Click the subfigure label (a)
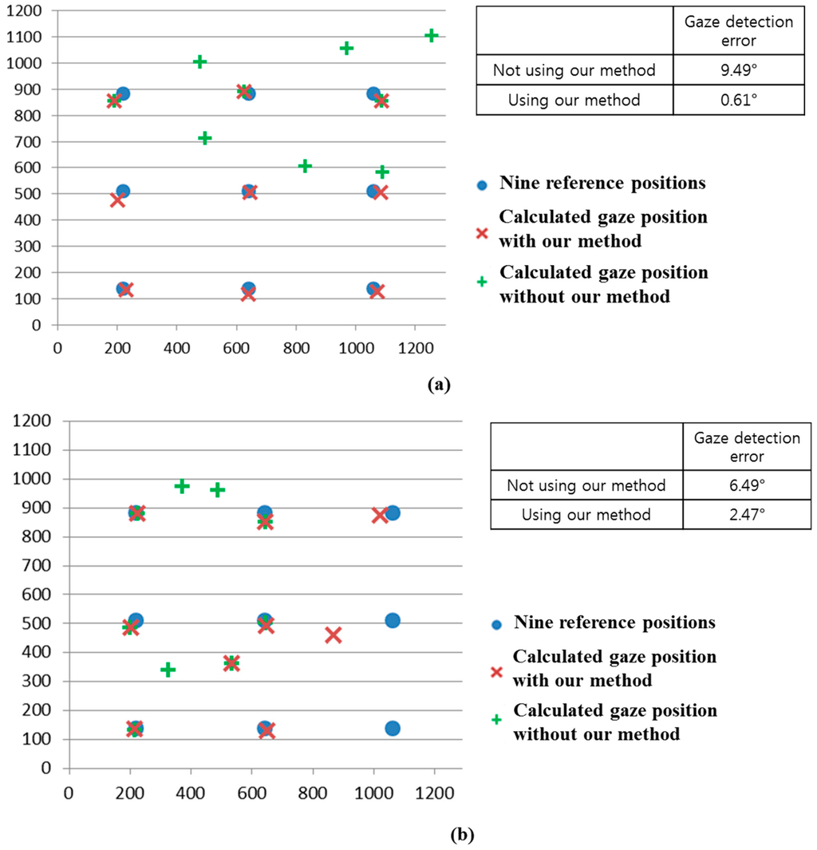439,384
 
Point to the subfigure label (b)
462,836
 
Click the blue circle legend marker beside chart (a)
480,184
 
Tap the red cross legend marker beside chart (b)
495,672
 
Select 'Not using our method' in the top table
574,70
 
